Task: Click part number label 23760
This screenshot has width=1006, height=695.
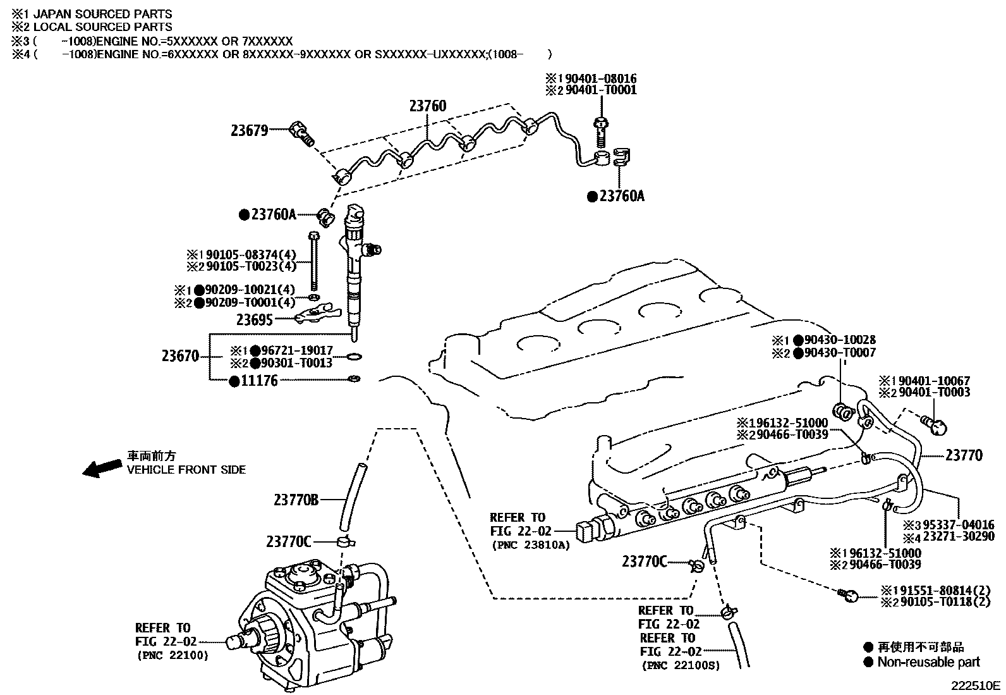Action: click(427, 106)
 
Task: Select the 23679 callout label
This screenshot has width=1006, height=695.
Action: click(249, 131)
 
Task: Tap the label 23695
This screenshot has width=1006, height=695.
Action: click(254, 320)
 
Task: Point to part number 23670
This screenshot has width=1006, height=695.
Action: click(180, 356)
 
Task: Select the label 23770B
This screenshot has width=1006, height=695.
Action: click(296, 500)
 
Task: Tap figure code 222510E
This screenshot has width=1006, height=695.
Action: click(977, 685)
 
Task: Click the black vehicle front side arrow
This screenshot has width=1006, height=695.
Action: click(103, 468)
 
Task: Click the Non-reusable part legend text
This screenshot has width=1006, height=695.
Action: click(928, 662)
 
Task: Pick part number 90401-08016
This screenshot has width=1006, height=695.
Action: click(600, 79)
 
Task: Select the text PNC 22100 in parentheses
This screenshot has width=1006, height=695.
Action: click(172, 655)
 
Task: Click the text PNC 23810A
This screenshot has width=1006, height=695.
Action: click(530, 544)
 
